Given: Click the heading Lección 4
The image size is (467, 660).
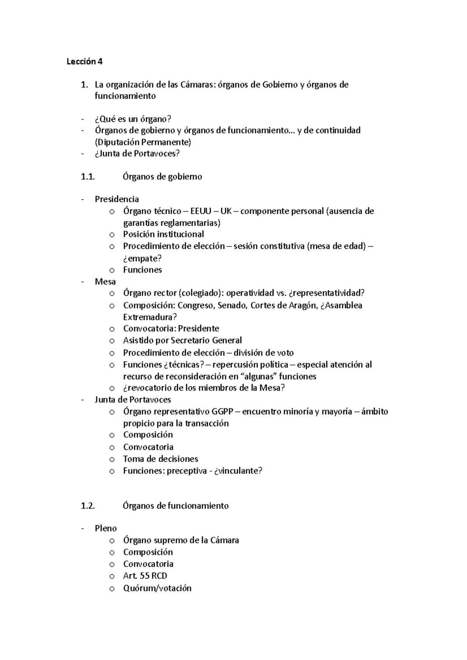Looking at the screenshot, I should click(x=84, y=61).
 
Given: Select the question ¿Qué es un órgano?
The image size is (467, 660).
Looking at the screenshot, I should click(x=133, y=119).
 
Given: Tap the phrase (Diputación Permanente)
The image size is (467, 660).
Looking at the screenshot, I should click(x=143, y=142).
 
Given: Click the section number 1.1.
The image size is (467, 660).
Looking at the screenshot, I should click(x=88, y=176).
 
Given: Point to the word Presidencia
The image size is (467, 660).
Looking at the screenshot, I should click(x=117, y=199).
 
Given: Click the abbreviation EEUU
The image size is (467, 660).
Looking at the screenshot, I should click(x=201, y=211).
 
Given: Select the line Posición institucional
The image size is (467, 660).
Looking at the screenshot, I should click(x=163, y=234).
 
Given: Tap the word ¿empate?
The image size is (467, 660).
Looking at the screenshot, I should click(x=142, y=258).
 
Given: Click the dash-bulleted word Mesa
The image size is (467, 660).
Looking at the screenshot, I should click(x=105, y=281).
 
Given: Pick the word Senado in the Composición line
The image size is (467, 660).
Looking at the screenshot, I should click(x=232, y=305).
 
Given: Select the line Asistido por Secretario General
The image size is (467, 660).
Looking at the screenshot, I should click(x=182, y=340).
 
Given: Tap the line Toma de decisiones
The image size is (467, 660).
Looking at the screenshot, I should click(x=160, y=459).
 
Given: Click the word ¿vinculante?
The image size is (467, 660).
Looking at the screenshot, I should click(x=238, y=471).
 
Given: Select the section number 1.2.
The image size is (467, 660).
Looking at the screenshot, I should click(x=88, y=506).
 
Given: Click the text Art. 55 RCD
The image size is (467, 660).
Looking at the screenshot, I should click(x=145, y=576).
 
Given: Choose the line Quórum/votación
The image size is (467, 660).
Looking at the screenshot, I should click(x=157, y=588).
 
